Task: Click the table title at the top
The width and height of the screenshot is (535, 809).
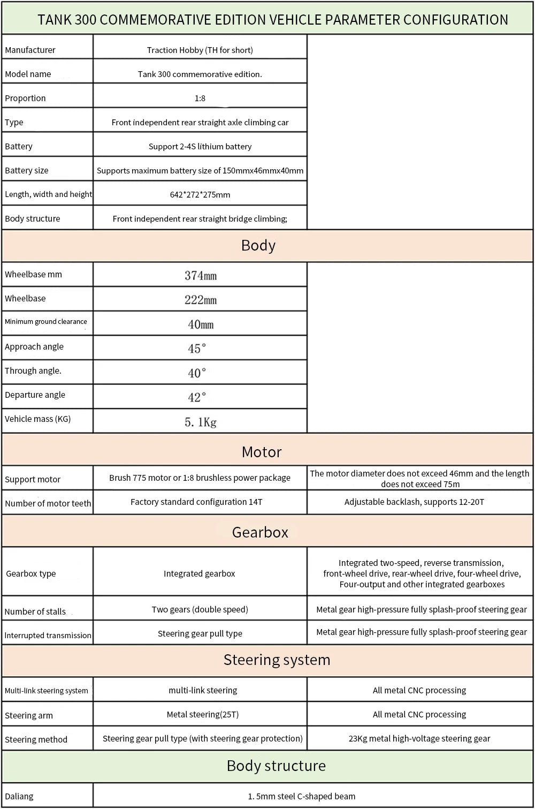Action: (x=273, y=20)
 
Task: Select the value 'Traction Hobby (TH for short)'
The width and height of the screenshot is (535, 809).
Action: (x=200, y=50)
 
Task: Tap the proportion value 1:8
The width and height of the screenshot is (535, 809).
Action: (x=200, y=98)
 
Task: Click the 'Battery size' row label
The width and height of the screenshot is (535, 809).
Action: (x=27, y=170)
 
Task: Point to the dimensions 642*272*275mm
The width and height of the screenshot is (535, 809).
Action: (x=200, y=194)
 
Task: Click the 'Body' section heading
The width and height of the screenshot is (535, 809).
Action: (x=258, y=245)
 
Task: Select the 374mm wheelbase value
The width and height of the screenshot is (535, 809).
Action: (x=200, y=275)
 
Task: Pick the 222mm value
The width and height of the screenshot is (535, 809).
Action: (x=200, y=299)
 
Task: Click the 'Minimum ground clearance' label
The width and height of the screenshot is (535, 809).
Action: (x=46, y=321)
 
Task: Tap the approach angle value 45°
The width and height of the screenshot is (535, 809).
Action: (x=197, y=349)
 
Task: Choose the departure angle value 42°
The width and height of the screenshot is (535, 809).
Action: (x=197, y=397)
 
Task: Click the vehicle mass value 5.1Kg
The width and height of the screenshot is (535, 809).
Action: (x=200, y=422)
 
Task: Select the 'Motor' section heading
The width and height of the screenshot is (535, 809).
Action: (x=262, y=452)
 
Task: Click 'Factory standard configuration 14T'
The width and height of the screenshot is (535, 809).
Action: (x=196, y=502)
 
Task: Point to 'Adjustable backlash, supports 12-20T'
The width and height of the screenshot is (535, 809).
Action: (x=414, y=502)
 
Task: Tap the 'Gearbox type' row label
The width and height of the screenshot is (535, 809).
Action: (x=31, y=573)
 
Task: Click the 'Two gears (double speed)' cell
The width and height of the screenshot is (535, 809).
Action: (x=200, y=609)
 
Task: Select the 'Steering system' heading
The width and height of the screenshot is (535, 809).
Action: (x=277, y=660)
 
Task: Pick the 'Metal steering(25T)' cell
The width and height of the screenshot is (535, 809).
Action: (x=202, y=714)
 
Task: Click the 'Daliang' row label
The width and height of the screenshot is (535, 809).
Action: (x=19, y=796)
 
